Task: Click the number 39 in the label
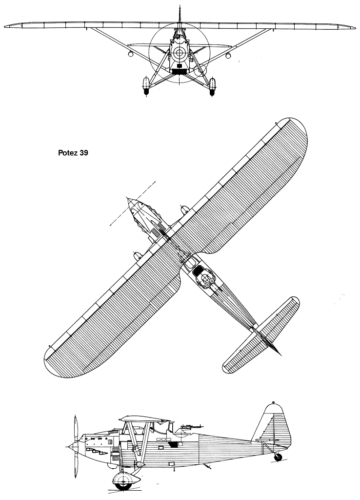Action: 84,153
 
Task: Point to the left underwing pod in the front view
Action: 131,55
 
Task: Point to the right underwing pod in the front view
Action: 228,56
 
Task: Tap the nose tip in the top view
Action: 128,199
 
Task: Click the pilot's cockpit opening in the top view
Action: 190,263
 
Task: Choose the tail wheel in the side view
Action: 278,457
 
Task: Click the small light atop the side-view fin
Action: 274,402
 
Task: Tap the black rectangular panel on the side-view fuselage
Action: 174,444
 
